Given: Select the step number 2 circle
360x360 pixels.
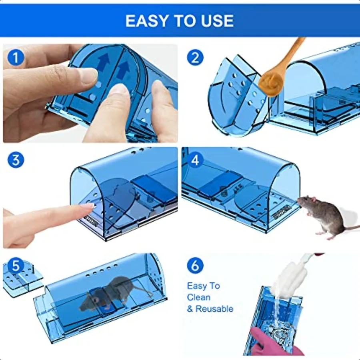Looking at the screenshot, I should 195,58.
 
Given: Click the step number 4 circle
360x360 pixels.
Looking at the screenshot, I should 195,160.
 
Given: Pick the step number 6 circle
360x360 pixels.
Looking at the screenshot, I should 195,265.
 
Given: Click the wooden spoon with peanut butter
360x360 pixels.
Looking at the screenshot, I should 280,68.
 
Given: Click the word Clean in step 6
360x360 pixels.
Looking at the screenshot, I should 198,297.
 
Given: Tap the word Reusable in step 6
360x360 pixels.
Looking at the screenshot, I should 214,309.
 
